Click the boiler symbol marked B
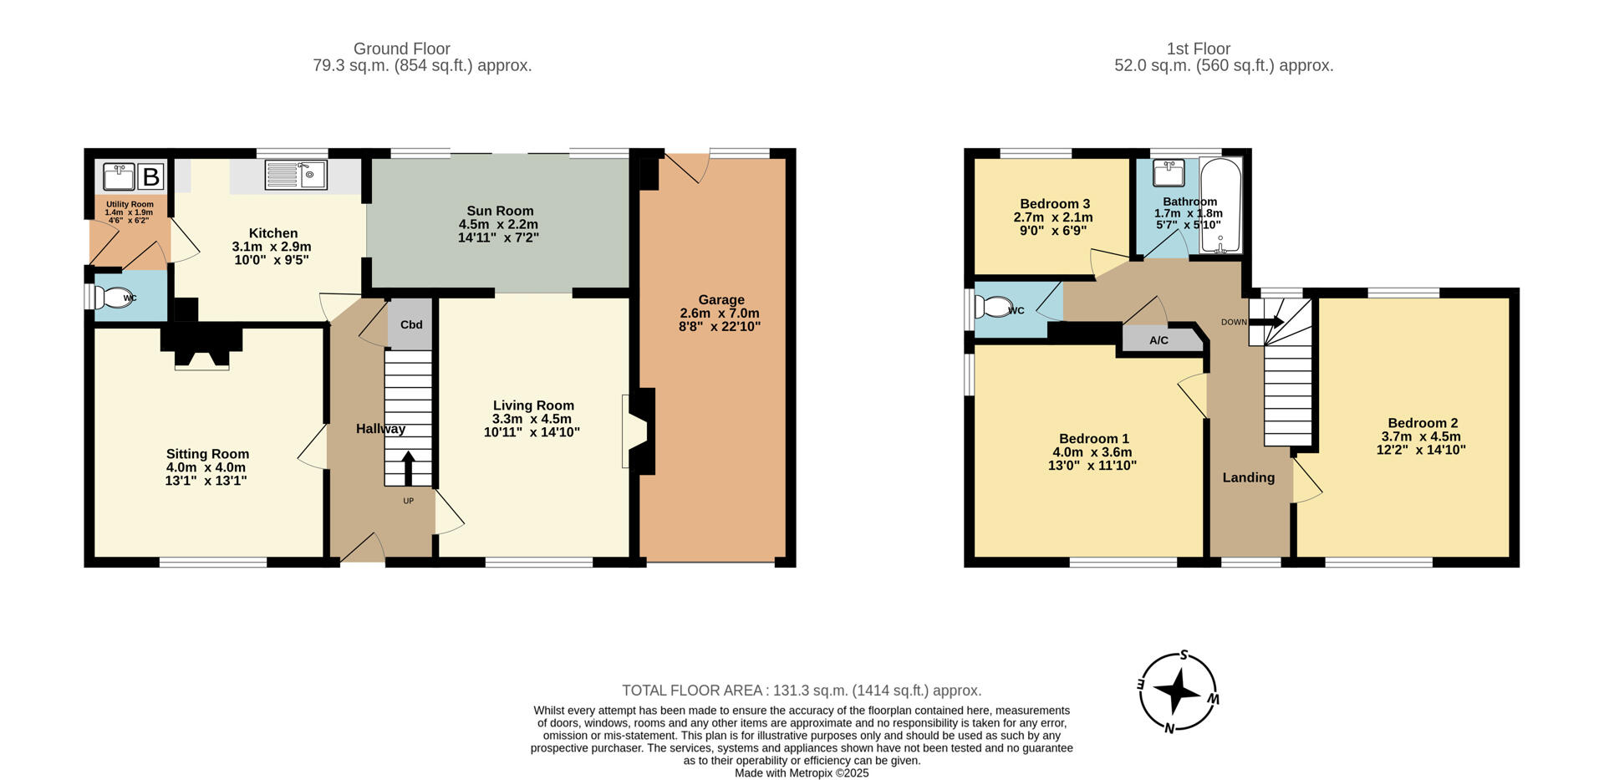point(151,177)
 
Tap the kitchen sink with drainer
point(296,175)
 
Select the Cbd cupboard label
point(410,324)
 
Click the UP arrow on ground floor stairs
point(408,469)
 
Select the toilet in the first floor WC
point(995,307)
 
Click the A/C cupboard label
point(1158,340)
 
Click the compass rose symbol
point(1177,691)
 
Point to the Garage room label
point(721,299)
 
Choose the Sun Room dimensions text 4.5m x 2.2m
point(498,224)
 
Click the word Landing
point(1248,477)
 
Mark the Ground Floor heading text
point(401,48)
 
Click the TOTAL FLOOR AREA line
point(801,691)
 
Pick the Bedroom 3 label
point(1054,204)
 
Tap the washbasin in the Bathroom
point(1169,173)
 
